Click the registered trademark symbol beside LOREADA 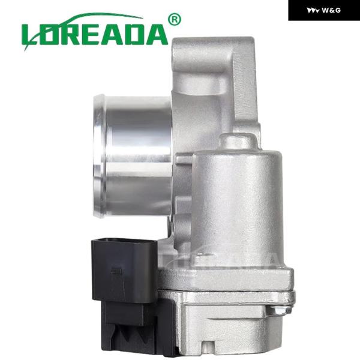coord(175,20)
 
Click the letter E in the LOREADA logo coord(89,35)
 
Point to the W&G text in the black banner coord(331,10)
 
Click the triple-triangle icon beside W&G coord(313,11)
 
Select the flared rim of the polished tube coord(100,156)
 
